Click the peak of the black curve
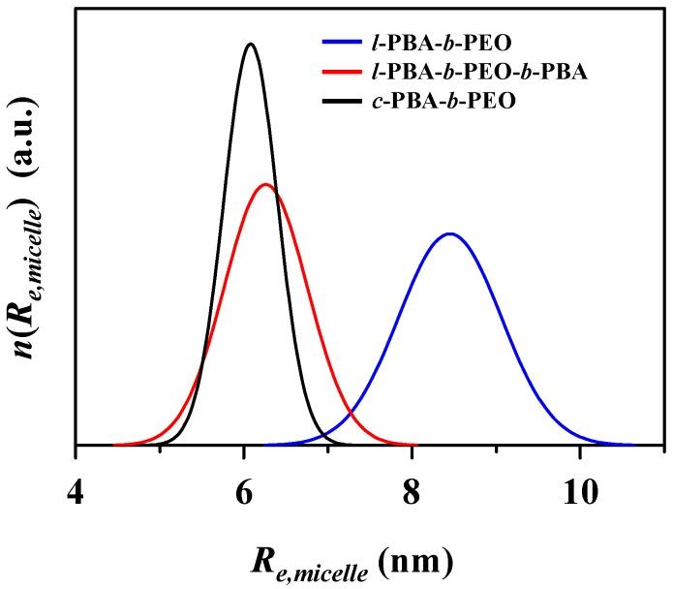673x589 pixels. pyautogui.click(x=251, y=44)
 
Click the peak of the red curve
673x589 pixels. pyautogui.click(x=264, y=184)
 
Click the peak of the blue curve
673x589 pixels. pyautogui.click(x=449, y=233)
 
